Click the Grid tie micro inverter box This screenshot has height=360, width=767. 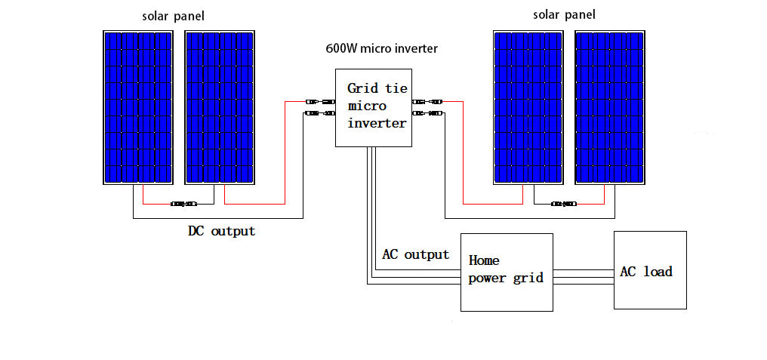(375, 108)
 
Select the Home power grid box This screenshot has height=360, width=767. (507, 272)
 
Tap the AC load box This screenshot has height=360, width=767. (650, 270)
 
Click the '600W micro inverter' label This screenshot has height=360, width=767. (381, 49)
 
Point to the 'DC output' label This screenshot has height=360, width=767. (221, 231)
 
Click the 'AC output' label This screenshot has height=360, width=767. (415, 254)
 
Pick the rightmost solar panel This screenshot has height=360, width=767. (609, 108)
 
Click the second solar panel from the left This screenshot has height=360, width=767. (219, 108)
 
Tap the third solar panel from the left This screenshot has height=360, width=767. (528, 108)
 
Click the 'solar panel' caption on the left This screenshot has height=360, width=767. (173, 16)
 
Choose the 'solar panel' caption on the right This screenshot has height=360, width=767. (564, 15)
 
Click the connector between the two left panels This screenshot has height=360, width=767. (183, 204)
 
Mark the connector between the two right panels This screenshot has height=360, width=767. (564, 204)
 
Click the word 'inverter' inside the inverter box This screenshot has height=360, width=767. (377, 123)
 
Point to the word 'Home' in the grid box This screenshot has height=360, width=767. (484, 260)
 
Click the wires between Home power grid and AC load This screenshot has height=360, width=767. (583, 277)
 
